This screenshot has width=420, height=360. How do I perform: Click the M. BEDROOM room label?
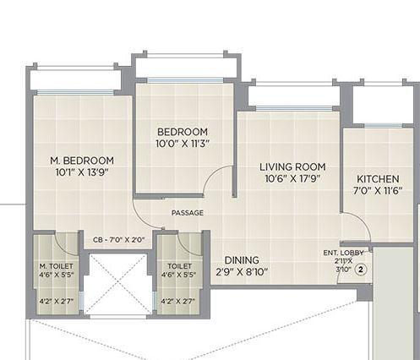[x=82, y=160]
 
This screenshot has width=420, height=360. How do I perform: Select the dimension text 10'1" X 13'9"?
[x=82, y=172]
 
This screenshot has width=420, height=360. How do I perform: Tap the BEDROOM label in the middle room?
[x=182, y=132]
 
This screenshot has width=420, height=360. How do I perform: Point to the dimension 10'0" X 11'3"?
[x=182, y=144]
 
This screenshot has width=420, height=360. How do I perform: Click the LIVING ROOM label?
[x=292, y=166]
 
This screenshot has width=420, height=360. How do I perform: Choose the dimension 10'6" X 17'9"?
[x=292, y=178]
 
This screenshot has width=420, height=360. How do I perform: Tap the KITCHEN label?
[x=378, y=179]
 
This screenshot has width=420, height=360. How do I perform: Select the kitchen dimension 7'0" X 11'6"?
[x=378, y=191]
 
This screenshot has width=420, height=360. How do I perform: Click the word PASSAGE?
[x=187, y=213]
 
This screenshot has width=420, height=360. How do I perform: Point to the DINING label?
[x=242, y=260]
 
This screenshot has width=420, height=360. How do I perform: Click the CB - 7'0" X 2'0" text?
[x=118, y=240]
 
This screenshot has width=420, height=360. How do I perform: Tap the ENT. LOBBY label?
[x=341, y=253]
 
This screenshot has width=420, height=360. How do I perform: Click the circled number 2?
[x=361, y=270]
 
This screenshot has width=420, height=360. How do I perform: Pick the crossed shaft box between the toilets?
[x=118, y=283]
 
